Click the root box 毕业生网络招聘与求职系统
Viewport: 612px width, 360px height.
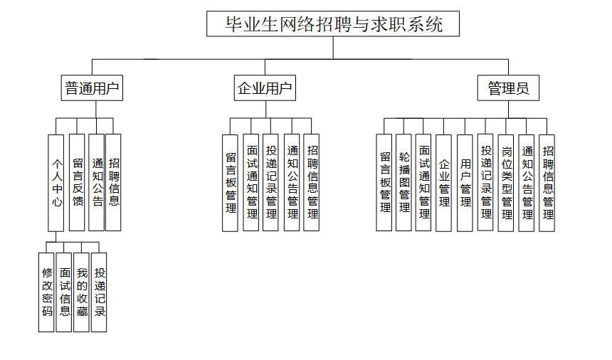pos(333,24)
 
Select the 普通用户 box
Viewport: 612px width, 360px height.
pos(92,89)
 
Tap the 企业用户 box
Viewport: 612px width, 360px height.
pos(265,89)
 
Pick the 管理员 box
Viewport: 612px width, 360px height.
pos(508,89)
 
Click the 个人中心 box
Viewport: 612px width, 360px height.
pos(58,182)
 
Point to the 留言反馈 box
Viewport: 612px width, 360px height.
pos(78,182)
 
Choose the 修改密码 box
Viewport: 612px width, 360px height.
pos(47,292)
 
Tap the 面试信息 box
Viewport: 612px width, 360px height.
pos(65,292)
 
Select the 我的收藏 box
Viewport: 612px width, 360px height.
pos(82,292)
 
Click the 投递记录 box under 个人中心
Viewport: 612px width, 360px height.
pos(100,292)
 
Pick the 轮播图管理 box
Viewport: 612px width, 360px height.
pos(404,182)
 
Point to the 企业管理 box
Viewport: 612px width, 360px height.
pos(444,182)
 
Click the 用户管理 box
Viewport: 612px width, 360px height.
pos(465,182)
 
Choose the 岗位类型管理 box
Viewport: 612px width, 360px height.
pos(507,182)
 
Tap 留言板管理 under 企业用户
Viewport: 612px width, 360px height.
pos(231,182)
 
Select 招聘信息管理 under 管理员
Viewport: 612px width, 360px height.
pos(547,182)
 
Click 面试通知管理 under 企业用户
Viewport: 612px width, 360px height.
pos(251,182)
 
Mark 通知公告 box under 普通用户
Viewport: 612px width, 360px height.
pos(97,182)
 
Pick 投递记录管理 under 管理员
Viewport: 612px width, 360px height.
pos(486,182)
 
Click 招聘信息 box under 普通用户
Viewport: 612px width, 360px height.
pos(114,182)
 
